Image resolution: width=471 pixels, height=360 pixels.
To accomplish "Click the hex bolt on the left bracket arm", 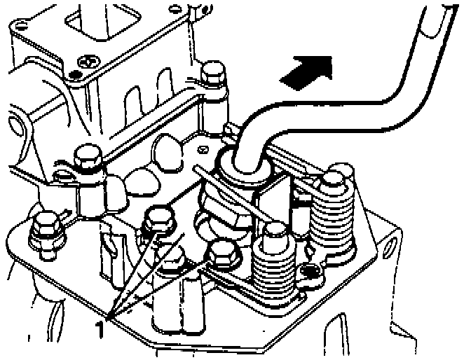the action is point(88,158).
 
